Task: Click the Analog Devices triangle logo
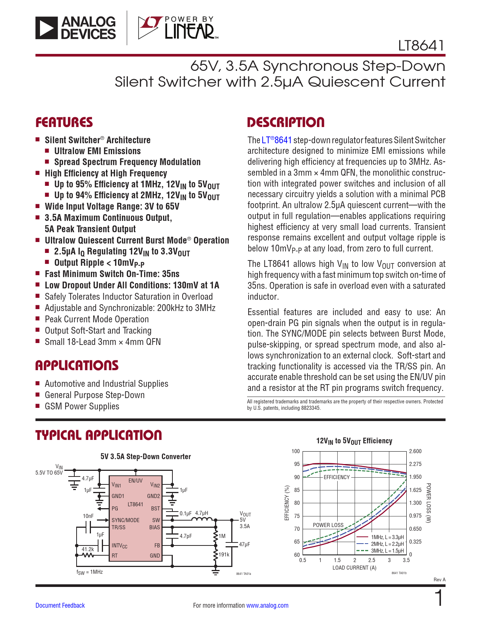pos(46,28)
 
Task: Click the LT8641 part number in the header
pos(421,46)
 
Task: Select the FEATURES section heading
pos(64,122)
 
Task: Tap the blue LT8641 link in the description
pos(277,140)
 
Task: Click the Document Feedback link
pos(60,605)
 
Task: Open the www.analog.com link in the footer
pos(267,605)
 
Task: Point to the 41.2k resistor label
pos(88,549)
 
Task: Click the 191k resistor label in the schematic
pos(224,554)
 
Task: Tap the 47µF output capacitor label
pos(244,544)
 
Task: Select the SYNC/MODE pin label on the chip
pos(126,520)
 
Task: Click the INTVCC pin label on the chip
pos(120,545)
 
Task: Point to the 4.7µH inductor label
pos(201,513)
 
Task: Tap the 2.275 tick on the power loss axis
pos(415,464)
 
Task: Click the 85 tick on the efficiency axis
pos(297,490)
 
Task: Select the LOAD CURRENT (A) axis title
pos(354,568)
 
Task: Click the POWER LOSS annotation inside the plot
pos(328,525)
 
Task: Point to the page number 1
pos(439,597)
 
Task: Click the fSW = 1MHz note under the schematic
pos(89,572)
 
